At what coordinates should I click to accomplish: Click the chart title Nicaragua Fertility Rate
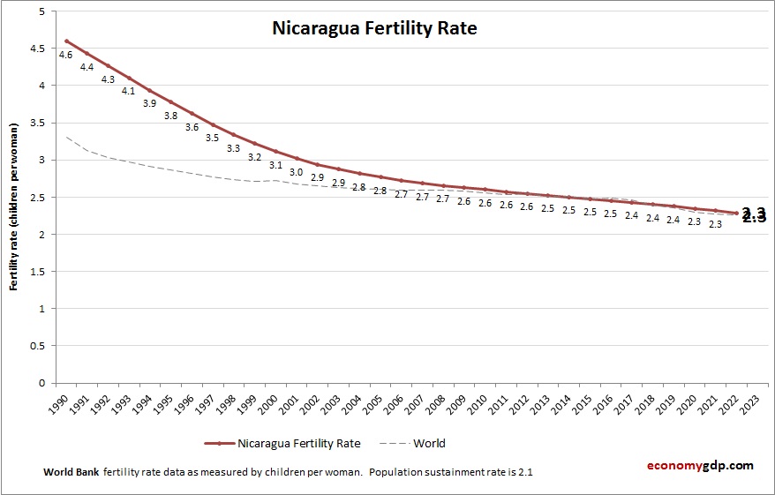pyautogui.click(x=374, y=28)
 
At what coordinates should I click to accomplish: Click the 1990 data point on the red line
pyautogui.click(x=66, y=41)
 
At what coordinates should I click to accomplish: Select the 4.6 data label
pyautogui.click(x=65, y=56)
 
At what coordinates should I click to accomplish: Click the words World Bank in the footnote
pyautogui.click(x=71, y=472)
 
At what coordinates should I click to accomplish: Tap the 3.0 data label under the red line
pyautogui.click(x=297, y=172)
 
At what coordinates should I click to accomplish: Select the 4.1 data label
pyautogui.click(x=129, y=91)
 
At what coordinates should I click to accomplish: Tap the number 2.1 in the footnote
pyautogui.click(x=524, y=472)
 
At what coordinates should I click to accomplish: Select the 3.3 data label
pyautogui.click(x=234, y=148)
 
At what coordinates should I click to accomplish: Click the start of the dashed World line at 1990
pyautogui.click(x=67, y=137)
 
